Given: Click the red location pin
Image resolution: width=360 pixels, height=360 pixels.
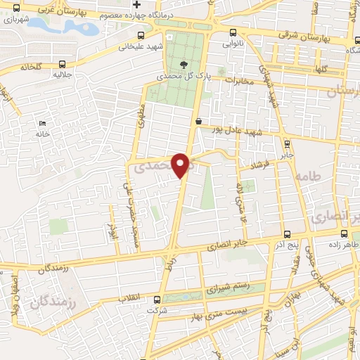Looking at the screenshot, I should [181, 165].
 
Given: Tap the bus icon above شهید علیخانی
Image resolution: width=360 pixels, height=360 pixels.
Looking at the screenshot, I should [141, 36].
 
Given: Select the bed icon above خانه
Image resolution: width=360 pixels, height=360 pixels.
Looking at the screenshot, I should [41, 123].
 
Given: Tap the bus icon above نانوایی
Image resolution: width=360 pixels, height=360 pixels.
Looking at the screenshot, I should [233, 32].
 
